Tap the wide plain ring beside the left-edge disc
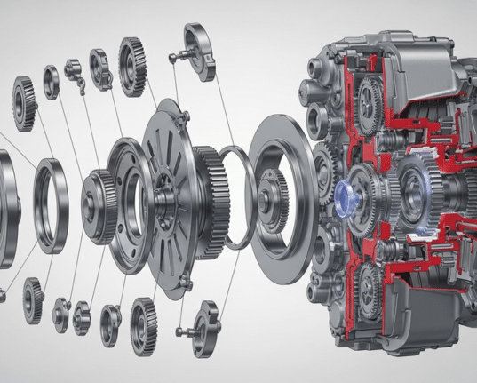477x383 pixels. coord(51,204)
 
